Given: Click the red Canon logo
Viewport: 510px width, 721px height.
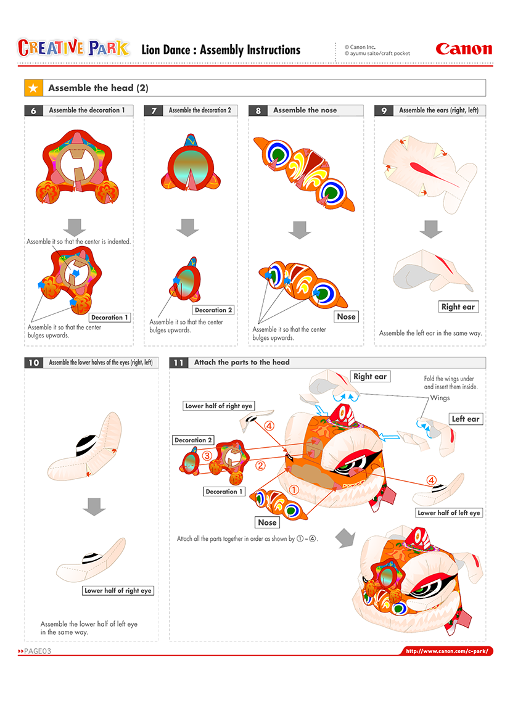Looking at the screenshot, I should (464, 49).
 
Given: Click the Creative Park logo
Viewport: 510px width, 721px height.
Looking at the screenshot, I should (73, 48).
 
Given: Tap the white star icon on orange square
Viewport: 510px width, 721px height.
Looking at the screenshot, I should (33, 88).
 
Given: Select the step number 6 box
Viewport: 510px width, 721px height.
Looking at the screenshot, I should (33, 110).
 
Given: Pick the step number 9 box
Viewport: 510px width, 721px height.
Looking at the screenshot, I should (384, 110).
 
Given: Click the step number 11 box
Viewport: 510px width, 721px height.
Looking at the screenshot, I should (178, 363).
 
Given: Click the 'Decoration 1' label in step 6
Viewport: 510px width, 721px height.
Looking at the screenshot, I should (110, 318).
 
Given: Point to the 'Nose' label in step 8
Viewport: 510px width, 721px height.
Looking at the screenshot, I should (346, 316).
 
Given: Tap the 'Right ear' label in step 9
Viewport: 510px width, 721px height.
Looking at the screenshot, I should (459, 307).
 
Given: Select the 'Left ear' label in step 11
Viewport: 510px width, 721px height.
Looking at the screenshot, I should (466, 419).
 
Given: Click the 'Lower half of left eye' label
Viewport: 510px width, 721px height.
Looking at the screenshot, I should (448, 513).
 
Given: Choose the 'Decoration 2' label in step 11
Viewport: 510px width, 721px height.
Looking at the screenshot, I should (194, 440).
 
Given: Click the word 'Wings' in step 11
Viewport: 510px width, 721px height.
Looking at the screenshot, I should (440, 398).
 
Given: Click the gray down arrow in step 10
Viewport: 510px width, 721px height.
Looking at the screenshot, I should (94, 506).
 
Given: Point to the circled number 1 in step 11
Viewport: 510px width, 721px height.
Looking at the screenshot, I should (294, 488).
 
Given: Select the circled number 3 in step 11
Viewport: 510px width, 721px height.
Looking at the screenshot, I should (208, 455).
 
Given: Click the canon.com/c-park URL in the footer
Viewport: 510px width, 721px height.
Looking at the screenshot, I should (448, 651).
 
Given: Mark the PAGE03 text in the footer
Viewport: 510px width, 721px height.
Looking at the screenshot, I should (38, 651).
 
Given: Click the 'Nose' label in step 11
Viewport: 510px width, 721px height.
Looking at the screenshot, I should (267, 522).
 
